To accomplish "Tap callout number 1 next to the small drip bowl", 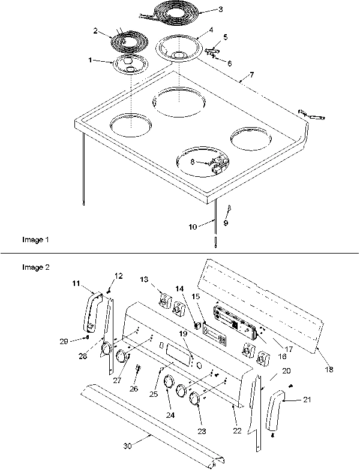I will pos(91,60).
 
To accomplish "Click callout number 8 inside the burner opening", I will pos(192,162).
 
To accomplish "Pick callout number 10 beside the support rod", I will pos(192,227).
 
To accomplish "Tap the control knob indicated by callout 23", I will pos(196,400).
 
